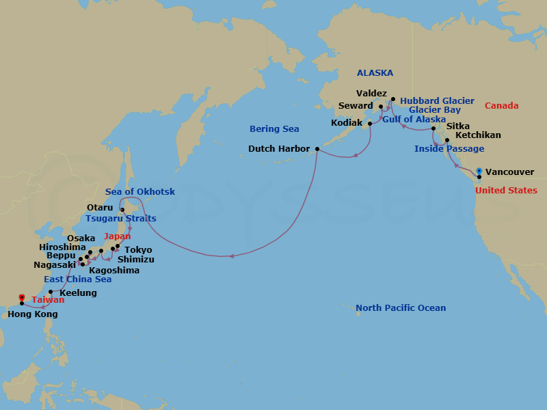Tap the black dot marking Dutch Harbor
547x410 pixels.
(317, 148)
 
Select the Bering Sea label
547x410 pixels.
(274, 128)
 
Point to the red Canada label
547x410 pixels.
(501, 106)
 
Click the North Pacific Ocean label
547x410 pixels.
(401, 308)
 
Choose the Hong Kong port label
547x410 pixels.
(32, 314)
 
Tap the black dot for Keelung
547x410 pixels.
(51, 292)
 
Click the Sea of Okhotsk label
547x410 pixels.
(140, 192)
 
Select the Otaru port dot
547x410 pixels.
(122, 210)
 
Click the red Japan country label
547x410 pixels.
(117, 236)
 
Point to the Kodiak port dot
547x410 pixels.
(369, 124)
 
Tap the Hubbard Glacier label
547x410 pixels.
(437, 100)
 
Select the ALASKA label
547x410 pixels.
(375, 73)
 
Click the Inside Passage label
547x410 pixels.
(449, 149)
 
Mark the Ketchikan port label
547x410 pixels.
(478, 135)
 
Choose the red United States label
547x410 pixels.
(506, 191)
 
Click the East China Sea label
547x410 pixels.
(77, 279)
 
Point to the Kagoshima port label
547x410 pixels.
(114, 270)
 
